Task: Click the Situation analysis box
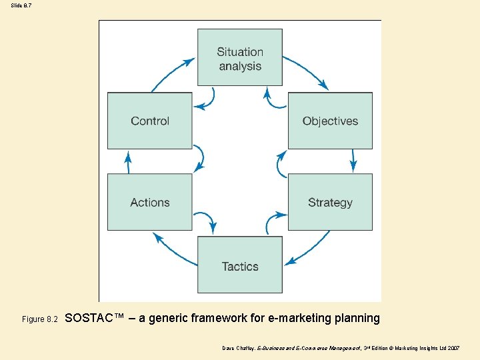[x=240, y=58]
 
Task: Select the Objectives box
[x=330, y=121]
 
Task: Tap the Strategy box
[x=330, y=202]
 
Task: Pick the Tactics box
[x=240, y=265]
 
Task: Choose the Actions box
[x=150, y=202]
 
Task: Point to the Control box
[x=150, y=121]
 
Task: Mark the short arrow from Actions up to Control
[x=128, y=161]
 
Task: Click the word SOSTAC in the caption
[x=91, y=318]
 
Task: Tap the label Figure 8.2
[x=41, y=320]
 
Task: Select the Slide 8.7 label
[x=21, y=5]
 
